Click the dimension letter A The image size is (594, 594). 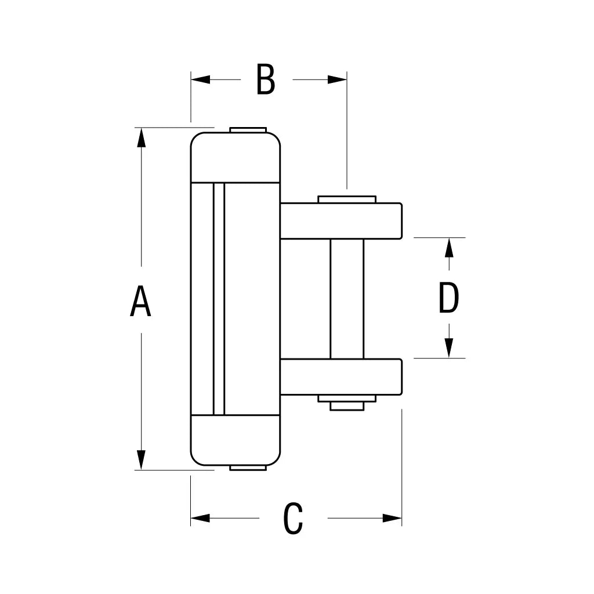(x=140, y=301)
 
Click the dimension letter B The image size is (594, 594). (x=266, y=80)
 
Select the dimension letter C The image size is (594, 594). (x=293, y=519)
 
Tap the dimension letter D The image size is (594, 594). (x=448, y=299)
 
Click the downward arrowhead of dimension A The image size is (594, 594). (x=141, y=459)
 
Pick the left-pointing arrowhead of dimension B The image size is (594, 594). (x=201, y=79)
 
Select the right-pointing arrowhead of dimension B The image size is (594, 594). (x=337, y=79)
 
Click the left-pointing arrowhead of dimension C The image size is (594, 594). (x=201, y=518)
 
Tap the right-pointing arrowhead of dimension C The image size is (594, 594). (x=392, y=518)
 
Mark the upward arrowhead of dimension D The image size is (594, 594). (x=448, y=248)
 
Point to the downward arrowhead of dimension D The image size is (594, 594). (x=448, y=348)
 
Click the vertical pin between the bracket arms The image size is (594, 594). (x=347, y=299)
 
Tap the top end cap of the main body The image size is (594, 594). (x=235, y=157)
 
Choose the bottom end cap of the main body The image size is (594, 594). (x=235, y=440)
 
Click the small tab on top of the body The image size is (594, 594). (x=248, y=130)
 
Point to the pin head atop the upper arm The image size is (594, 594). (x=347, y=200)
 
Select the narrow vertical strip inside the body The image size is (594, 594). (x=219, y=299)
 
